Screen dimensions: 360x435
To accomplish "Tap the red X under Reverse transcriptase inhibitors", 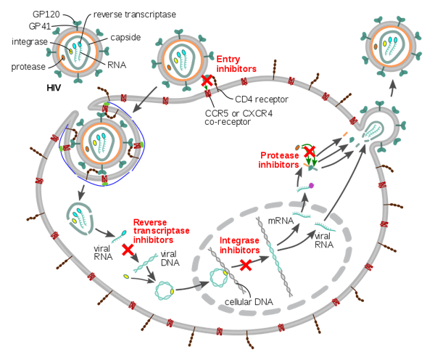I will (x=128, y=250).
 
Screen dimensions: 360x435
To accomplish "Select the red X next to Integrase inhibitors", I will (x=246, y=265).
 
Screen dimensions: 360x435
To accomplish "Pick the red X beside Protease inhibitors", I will (x=310, y=152).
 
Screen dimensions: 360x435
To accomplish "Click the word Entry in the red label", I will (x=228, y=59).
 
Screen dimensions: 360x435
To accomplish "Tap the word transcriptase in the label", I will (x=162, y=231).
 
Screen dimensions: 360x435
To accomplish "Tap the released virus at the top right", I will (x=392, y=46).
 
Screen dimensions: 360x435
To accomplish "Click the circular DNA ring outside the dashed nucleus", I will (x=164, y=290).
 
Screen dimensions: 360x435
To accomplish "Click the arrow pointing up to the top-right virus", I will (x=392, y=89).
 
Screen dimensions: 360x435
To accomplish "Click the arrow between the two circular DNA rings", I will (x=191, y=287).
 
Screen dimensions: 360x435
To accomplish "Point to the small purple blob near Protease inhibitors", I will (x=312, y=186).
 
